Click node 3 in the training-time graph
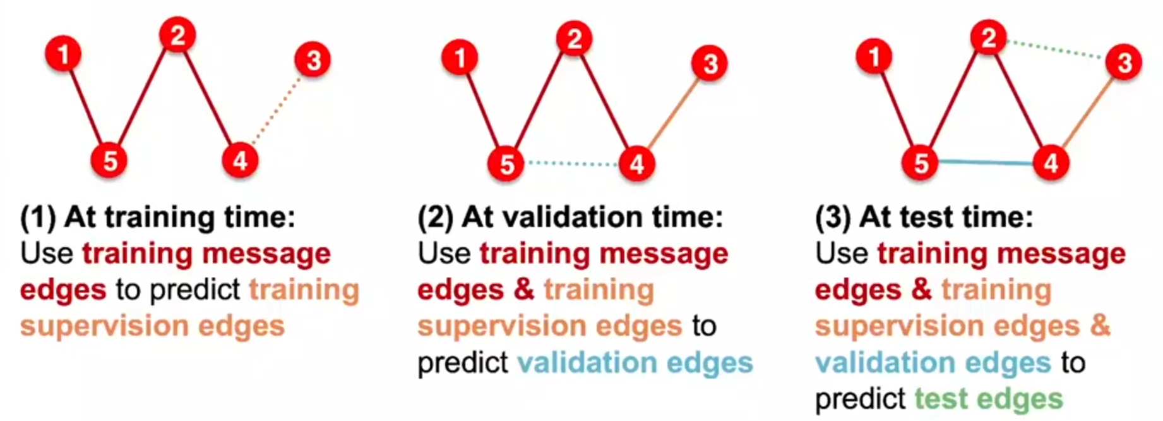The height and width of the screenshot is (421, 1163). pos(313,60)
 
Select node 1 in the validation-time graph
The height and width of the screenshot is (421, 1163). pos(460,58)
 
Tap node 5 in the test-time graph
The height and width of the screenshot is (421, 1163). pos(921,162)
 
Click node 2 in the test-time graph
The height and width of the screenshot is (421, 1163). pos(988,37)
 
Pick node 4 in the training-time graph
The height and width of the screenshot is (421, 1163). pos(240,160)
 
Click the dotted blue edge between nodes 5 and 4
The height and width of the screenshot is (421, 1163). pos(572,164)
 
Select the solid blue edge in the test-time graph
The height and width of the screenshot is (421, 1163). pos(986,162)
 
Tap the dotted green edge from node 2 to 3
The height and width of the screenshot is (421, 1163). pos(1056,49)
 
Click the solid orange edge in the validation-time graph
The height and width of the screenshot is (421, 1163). pos(673,114)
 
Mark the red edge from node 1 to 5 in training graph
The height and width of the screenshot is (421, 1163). pos(86,107)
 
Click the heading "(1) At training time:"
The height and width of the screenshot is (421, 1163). pos(158,217)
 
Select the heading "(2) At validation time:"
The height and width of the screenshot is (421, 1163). pos(570,217)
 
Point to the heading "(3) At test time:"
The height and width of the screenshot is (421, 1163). pos(924,217)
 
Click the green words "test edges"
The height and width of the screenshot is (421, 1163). pos(989,399)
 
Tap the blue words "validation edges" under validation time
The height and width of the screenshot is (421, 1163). pos(635,363)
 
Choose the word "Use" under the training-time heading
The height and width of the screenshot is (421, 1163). pos(46,253)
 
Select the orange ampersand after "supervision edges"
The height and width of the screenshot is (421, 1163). pos(1100,326)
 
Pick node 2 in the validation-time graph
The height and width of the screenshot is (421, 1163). pos(574,39)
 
